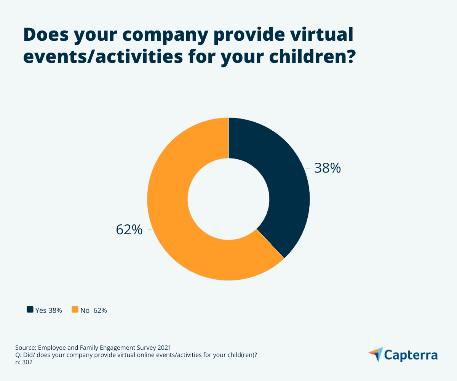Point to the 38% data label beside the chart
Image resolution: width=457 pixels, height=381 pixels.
[327, 168]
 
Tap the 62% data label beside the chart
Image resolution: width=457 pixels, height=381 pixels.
[129, 230]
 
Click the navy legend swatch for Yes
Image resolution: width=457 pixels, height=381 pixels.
[30, 310]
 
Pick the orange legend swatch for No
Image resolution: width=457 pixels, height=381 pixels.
[75, 310]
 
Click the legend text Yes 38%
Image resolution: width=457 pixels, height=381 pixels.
[48, 310]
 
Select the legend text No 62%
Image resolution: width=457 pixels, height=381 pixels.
[94, 310]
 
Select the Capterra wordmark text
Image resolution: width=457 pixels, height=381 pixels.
[411, 355]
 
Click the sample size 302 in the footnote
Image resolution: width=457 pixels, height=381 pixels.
[27, 363]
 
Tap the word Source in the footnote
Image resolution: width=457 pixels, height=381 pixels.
[26, 347]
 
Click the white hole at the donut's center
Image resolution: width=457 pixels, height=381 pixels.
[228, 199]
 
